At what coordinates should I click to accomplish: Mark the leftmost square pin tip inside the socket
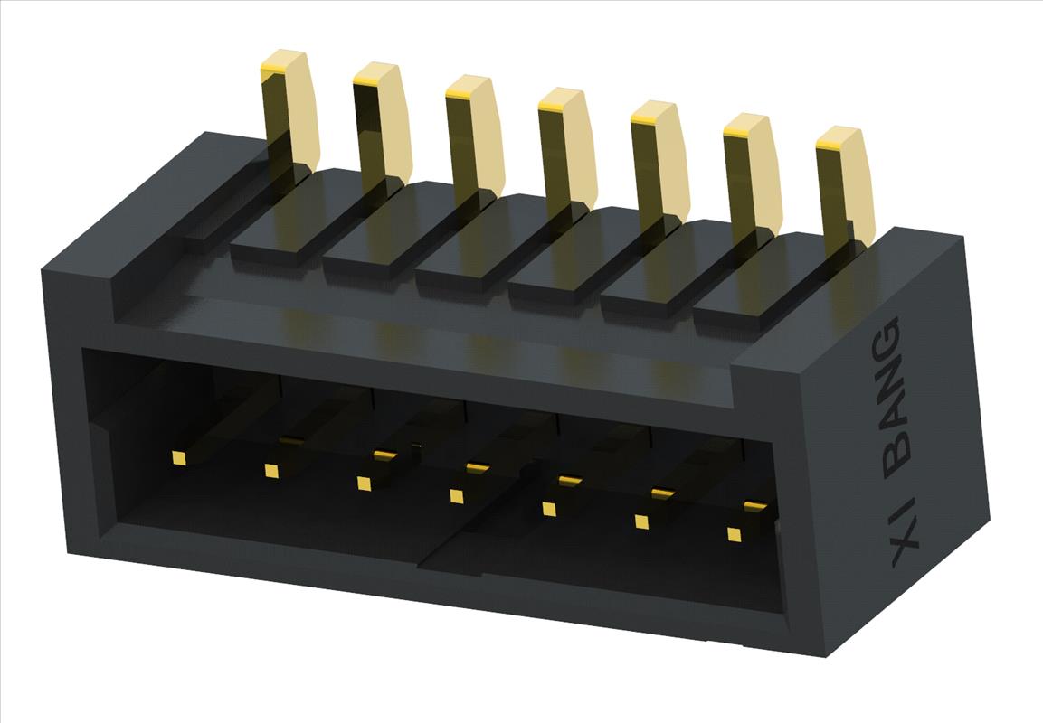click(x=178, y=458)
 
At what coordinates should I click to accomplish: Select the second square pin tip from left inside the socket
click(x=270, y=470)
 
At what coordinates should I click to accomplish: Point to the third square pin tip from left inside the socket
click(x=364, y=484)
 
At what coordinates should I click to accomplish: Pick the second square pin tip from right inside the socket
click(x=641, y=521)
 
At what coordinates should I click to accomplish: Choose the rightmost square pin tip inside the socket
click(x=734, y=534)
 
